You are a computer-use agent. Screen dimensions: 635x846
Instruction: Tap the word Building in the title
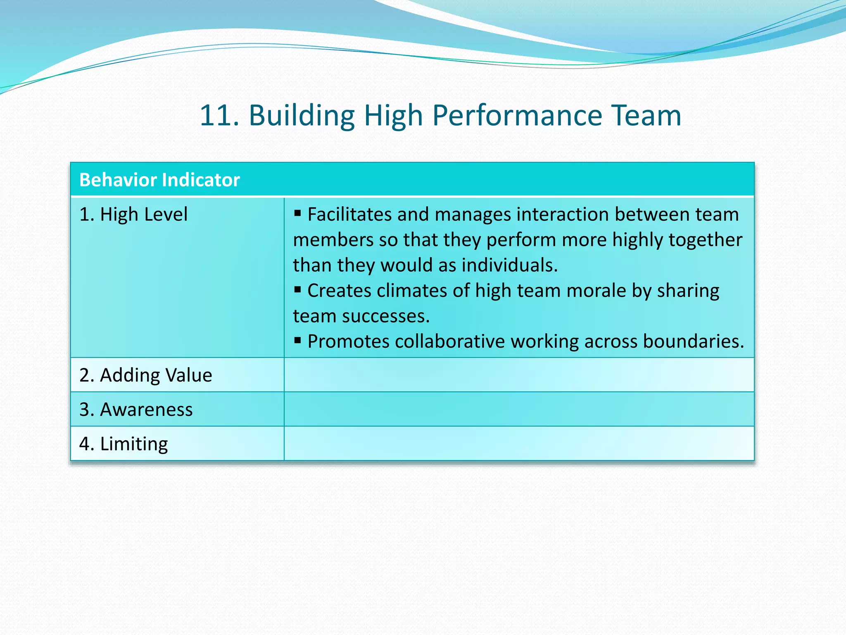(302, 115)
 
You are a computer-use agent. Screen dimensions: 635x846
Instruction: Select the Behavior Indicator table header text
(159, 180)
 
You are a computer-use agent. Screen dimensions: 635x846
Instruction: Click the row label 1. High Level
(133, 215)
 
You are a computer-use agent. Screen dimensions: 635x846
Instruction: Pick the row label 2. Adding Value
(145, 375)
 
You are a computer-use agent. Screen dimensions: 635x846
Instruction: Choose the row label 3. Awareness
(136, 409)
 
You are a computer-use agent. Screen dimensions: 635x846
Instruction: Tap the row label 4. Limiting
(124, 444)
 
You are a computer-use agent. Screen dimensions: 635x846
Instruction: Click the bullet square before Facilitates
(297, 213)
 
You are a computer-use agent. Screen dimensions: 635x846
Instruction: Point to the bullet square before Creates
(297, 289)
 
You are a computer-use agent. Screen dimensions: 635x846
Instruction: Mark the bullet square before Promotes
(297, 340)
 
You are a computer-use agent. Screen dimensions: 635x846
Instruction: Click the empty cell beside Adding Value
(519, 375)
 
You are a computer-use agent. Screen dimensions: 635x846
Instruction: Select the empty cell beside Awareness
(519, 409)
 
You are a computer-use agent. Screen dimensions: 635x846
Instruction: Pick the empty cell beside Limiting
(519, 444)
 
